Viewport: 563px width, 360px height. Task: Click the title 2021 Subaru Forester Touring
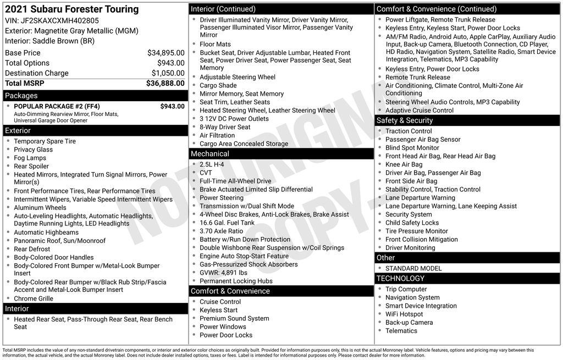71,9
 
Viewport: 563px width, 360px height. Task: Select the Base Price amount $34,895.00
165,53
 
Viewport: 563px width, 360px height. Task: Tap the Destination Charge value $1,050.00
168,73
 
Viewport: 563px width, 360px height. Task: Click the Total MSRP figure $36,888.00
165,84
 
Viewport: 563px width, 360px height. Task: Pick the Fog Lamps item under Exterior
30,158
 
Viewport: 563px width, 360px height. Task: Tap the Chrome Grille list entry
34,298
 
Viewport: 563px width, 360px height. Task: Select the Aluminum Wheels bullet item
40,208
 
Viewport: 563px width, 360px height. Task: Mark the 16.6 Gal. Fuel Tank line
227,223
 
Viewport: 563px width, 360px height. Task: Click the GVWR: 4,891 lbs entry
223,273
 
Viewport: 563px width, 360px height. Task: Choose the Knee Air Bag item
404,164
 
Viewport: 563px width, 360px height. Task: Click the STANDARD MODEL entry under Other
413,268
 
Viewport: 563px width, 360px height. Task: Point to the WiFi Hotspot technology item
404,314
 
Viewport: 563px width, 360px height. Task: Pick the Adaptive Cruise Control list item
420,110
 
